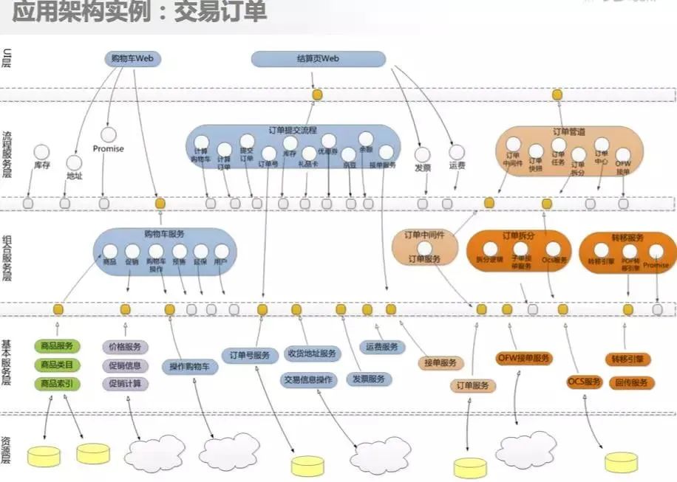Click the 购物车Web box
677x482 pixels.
tap(132, 59)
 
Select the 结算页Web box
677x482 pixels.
tap(319, 59)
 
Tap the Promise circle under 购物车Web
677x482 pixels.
tap(109, 135)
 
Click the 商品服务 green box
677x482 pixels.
tap(56, 346)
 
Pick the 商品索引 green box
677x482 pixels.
tap(56, 383)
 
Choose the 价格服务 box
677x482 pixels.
tap(125, 346)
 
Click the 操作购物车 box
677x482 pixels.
tap(189, 366)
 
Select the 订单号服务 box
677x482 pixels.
tap(251, 354)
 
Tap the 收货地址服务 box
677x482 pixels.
tap(312, 354)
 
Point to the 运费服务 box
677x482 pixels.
tap(381, 346)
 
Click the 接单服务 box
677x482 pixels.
tap(440, 362)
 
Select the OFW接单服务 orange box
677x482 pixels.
tap(523, 358)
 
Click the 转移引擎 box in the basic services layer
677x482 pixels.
tap(630, 359)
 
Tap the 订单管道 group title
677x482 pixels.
tap(568, 131)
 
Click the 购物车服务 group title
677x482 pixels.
tap(164, 233)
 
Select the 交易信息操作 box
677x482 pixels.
tap(309, 380)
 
